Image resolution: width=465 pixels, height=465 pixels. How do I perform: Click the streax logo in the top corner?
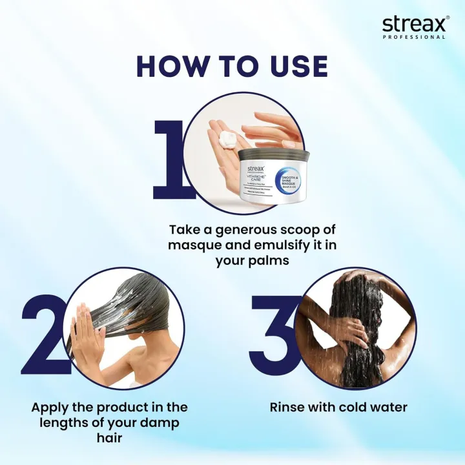413,24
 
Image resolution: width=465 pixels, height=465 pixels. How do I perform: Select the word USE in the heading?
294,67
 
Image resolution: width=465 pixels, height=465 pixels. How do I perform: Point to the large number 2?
46,335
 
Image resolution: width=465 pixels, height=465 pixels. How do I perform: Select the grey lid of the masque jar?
274,155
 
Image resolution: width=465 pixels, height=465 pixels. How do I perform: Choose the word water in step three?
386,408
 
